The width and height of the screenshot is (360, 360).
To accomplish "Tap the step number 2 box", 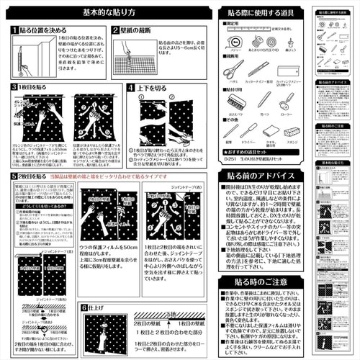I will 115,32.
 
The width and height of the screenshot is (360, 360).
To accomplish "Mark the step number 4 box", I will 130,87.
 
